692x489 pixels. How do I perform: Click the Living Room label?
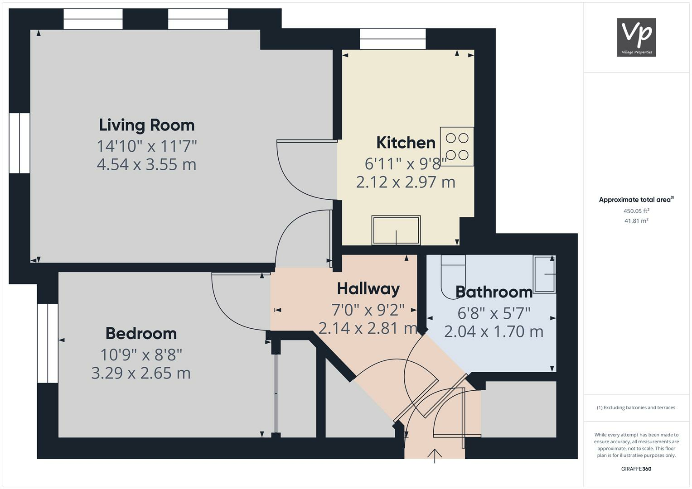point(146,125)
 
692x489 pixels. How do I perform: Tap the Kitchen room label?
point(406,143)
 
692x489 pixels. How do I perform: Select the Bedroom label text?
point(141,333)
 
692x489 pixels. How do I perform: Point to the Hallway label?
point(368,288)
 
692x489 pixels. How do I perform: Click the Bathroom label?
point(494,292)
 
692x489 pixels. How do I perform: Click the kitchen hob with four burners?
point(457,146)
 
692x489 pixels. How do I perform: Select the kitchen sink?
point(396,230)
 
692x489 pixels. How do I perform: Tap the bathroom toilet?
point(453,276)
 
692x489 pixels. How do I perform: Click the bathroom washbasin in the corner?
point(545,274)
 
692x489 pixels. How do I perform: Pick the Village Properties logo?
point(636,37)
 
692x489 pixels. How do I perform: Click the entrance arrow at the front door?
point(435,455)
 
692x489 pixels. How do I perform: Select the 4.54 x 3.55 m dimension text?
point(146,164)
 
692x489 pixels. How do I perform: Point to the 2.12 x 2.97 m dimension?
point(406,182)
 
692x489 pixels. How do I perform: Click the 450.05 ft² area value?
point(636,211)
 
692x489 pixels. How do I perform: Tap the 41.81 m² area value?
point(636,221)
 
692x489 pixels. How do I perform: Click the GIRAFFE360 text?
point(636,469)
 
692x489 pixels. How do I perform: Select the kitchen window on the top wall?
point(392,39)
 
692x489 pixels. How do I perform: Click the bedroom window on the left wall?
point(48,343)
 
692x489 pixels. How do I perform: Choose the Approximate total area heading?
point(636,200)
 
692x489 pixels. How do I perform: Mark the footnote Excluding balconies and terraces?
point(636,407)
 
